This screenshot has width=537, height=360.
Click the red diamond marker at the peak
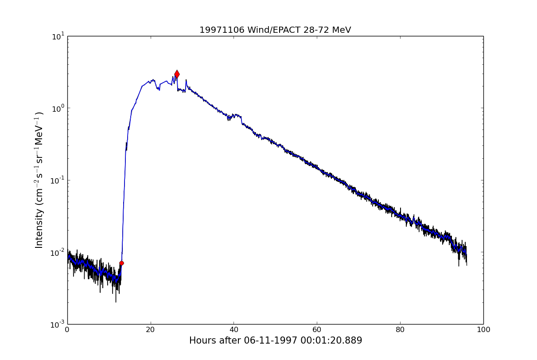pyautogui.click(x=177, y=74)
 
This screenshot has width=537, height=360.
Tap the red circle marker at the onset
pyautogui.click(x=121, y=263)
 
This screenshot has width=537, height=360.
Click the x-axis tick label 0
pyautogui.click(x=67, y=330)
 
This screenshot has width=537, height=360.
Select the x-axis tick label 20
pyautogui.click(x=151, y=330)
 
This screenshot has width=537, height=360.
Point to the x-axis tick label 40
pyautogui.click(x=234, y=330)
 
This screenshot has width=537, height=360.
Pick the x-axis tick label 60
pyautogui.click(x=317, y=330)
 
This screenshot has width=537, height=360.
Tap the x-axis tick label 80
pyautogui.click(x=400, y=330)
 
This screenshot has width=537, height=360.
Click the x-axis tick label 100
pyautogui.click(x=483, y=330)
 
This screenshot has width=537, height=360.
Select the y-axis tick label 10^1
pyautogui.click(x=58, y=36)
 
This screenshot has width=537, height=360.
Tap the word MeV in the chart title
pyautogui.click(x=341, y=30)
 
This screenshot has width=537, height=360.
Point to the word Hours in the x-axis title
pyautogui.click(x=202, y=340)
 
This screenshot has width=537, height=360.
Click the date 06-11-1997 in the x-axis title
pyautogui.click(x=266, y=340)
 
